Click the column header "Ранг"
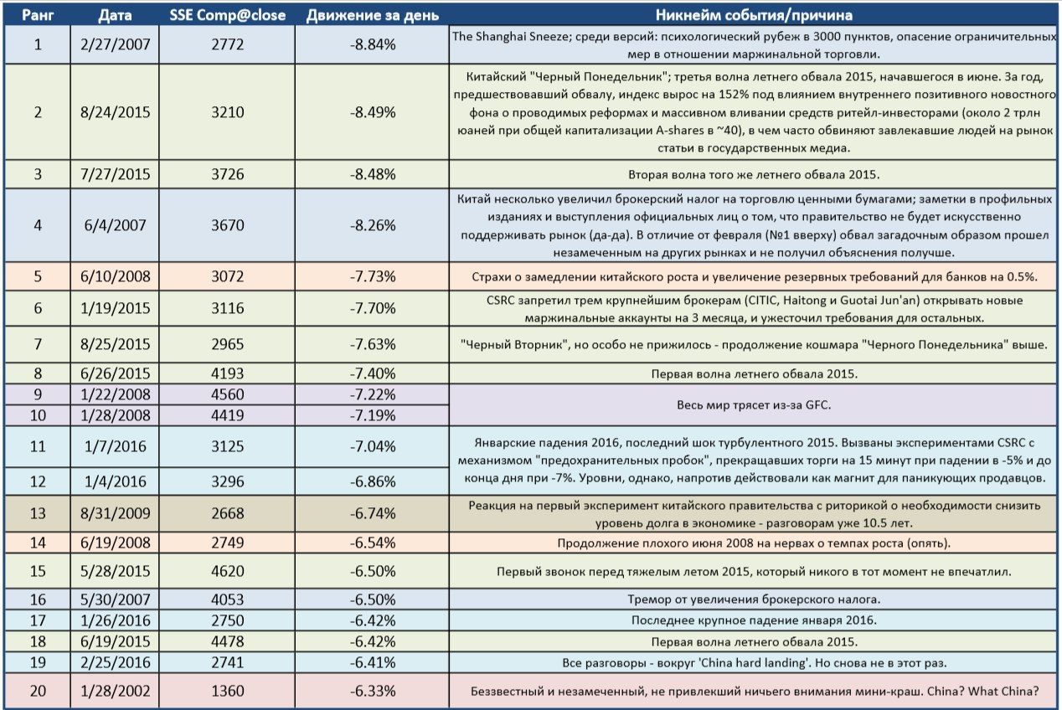coord(37,15)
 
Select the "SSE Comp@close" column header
coord(228,15)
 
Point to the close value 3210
coord(228,111)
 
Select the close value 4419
coord(228,414)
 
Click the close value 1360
coord(228,692)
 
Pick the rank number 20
coord(37,692)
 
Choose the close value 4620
coord(228,572)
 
